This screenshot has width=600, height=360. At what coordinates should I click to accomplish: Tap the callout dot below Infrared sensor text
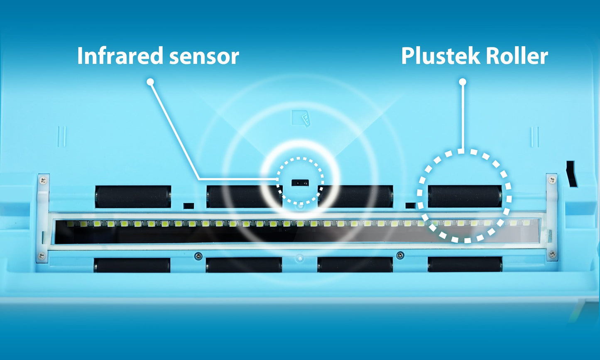[x=150, y=82]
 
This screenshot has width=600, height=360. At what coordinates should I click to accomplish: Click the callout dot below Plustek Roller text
[x=463, y=82]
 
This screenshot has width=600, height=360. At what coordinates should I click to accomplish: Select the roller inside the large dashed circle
[x=465, y=196]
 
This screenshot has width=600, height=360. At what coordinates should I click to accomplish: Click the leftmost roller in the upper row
[x=133, y=197]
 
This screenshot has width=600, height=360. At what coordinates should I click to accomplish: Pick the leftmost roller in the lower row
[x=132, y=265]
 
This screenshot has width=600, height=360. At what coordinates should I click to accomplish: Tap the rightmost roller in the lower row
[x=465, y=264]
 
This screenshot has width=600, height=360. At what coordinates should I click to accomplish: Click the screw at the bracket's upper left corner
[x=42, y=180]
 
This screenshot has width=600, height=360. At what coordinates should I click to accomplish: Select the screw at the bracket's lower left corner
[x=42, y=255]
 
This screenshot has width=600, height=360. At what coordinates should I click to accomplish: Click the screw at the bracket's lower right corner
[x=552, y=253]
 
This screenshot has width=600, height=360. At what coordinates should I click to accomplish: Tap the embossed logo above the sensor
[x=302, y=118]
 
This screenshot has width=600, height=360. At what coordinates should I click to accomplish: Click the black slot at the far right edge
[x=572, y=174]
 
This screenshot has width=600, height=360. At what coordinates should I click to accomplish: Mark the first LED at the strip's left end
[x=71, y=224]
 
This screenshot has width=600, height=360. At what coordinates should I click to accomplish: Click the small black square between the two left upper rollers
[x=189, y=206]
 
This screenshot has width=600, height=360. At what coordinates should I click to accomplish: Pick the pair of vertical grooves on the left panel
[x=62, y=137]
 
